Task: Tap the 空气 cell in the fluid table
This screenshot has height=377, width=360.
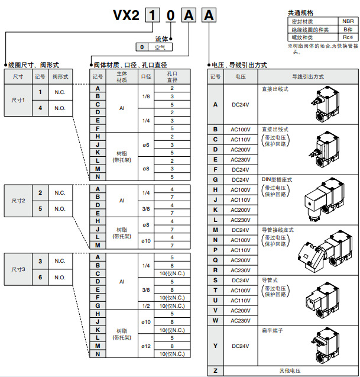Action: [160, 47]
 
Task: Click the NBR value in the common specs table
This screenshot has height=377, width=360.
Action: [348, 21]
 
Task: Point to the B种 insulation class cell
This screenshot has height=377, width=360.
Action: [348, 28]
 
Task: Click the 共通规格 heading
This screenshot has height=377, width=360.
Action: [300, 12]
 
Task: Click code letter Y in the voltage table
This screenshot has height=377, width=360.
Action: [215, 346]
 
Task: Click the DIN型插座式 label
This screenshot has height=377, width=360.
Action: [277, 179]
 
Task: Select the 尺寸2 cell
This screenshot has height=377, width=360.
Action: [18, 201]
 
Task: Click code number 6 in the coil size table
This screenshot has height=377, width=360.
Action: [40, 277]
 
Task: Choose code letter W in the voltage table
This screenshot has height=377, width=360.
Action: [215, 321]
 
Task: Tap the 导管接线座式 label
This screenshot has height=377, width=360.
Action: [277, 230]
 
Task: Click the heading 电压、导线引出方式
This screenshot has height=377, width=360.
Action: [239, 65]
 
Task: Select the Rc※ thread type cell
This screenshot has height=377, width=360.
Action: [348, 36]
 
